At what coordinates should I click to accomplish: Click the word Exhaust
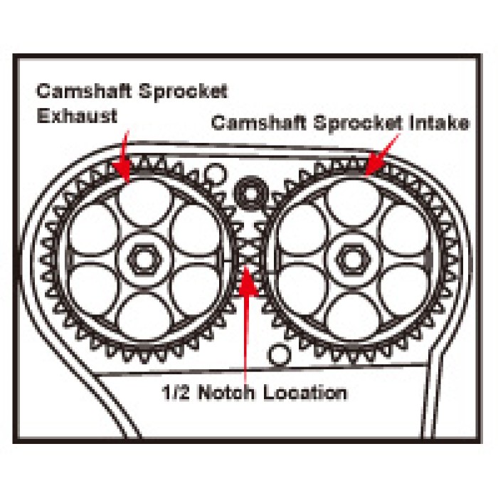tap(77, 115)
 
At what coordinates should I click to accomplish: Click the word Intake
tap(439, 122)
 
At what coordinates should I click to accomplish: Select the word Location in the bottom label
tap(305, 393)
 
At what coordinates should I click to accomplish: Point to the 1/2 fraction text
tap(176, 393)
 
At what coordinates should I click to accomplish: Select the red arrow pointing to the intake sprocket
tap(381, 154)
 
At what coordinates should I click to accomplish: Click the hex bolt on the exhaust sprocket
tap(144, 260)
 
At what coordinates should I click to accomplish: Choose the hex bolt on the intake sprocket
tap(353, 260)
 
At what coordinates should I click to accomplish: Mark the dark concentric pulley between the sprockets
tap(251, 193)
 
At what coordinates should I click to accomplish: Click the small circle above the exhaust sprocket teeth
tap(216, 174)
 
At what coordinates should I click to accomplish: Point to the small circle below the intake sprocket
tap(280, 355)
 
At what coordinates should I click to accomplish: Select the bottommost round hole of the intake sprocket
tap(353, 317)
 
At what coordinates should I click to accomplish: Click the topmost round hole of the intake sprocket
tap(353, 203)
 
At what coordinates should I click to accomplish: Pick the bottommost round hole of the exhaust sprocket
tap(144, 317)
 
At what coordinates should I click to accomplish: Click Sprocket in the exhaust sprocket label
tap(184, 92)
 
